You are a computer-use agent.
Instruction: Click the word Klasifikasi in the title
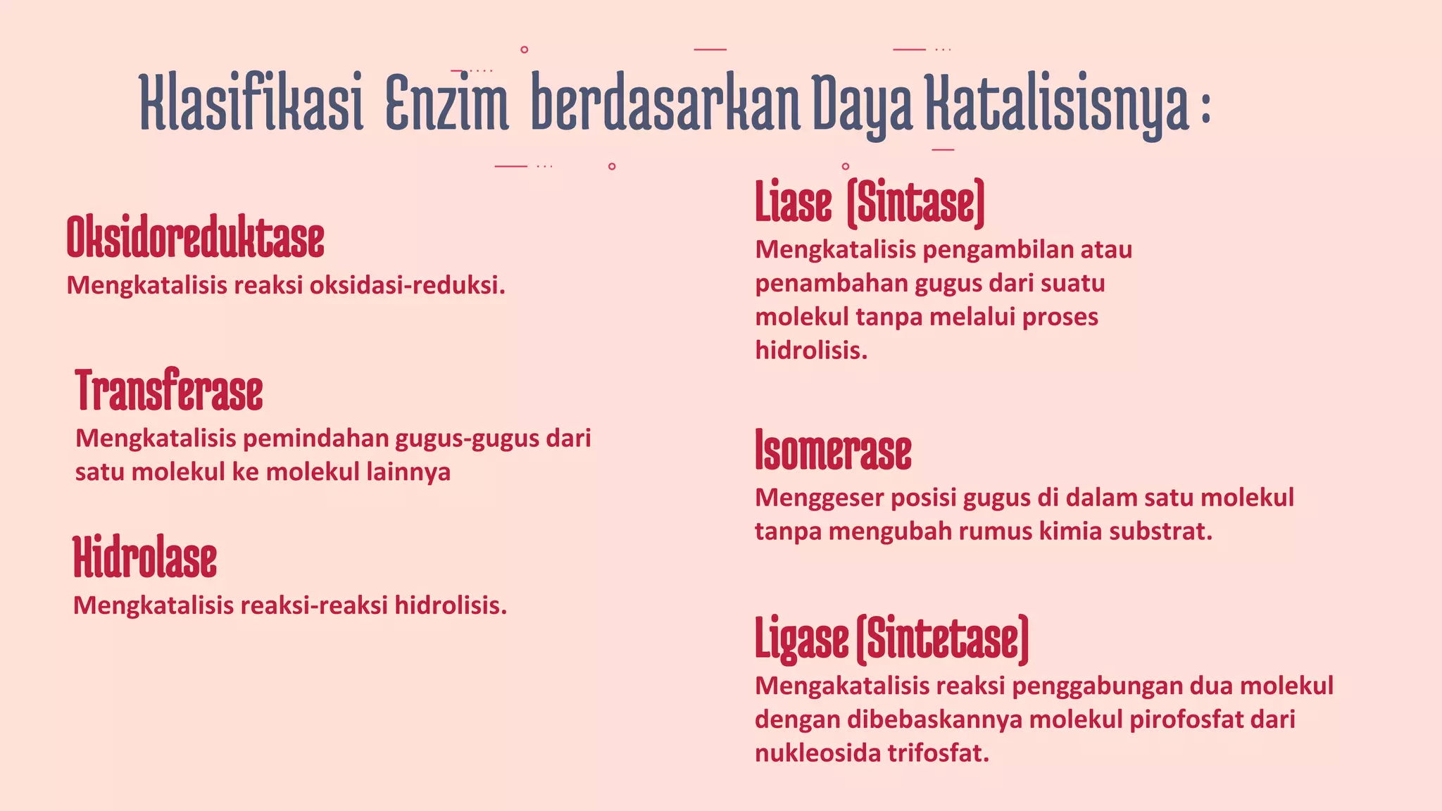[x=251, y=103]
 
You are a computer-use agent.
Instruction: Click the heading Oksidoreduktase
[x=195, y=238]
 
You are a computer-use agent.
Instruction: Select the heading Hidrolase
[x=145, y=557]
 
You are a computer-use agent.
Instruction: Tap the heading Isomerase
[x=833, y=450]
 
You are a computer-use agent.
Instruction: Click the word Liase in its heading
[x=794, y=203]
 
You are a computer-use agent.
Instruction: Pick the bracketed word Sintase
[x=915, y=203]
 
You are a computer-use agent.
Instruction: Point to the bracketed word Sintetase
[x=943, y=639]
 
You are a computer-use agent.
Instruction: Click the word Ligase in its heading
[x=801, y=639]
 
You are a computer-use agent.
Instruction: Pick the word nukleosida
[x=817, y=753]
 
